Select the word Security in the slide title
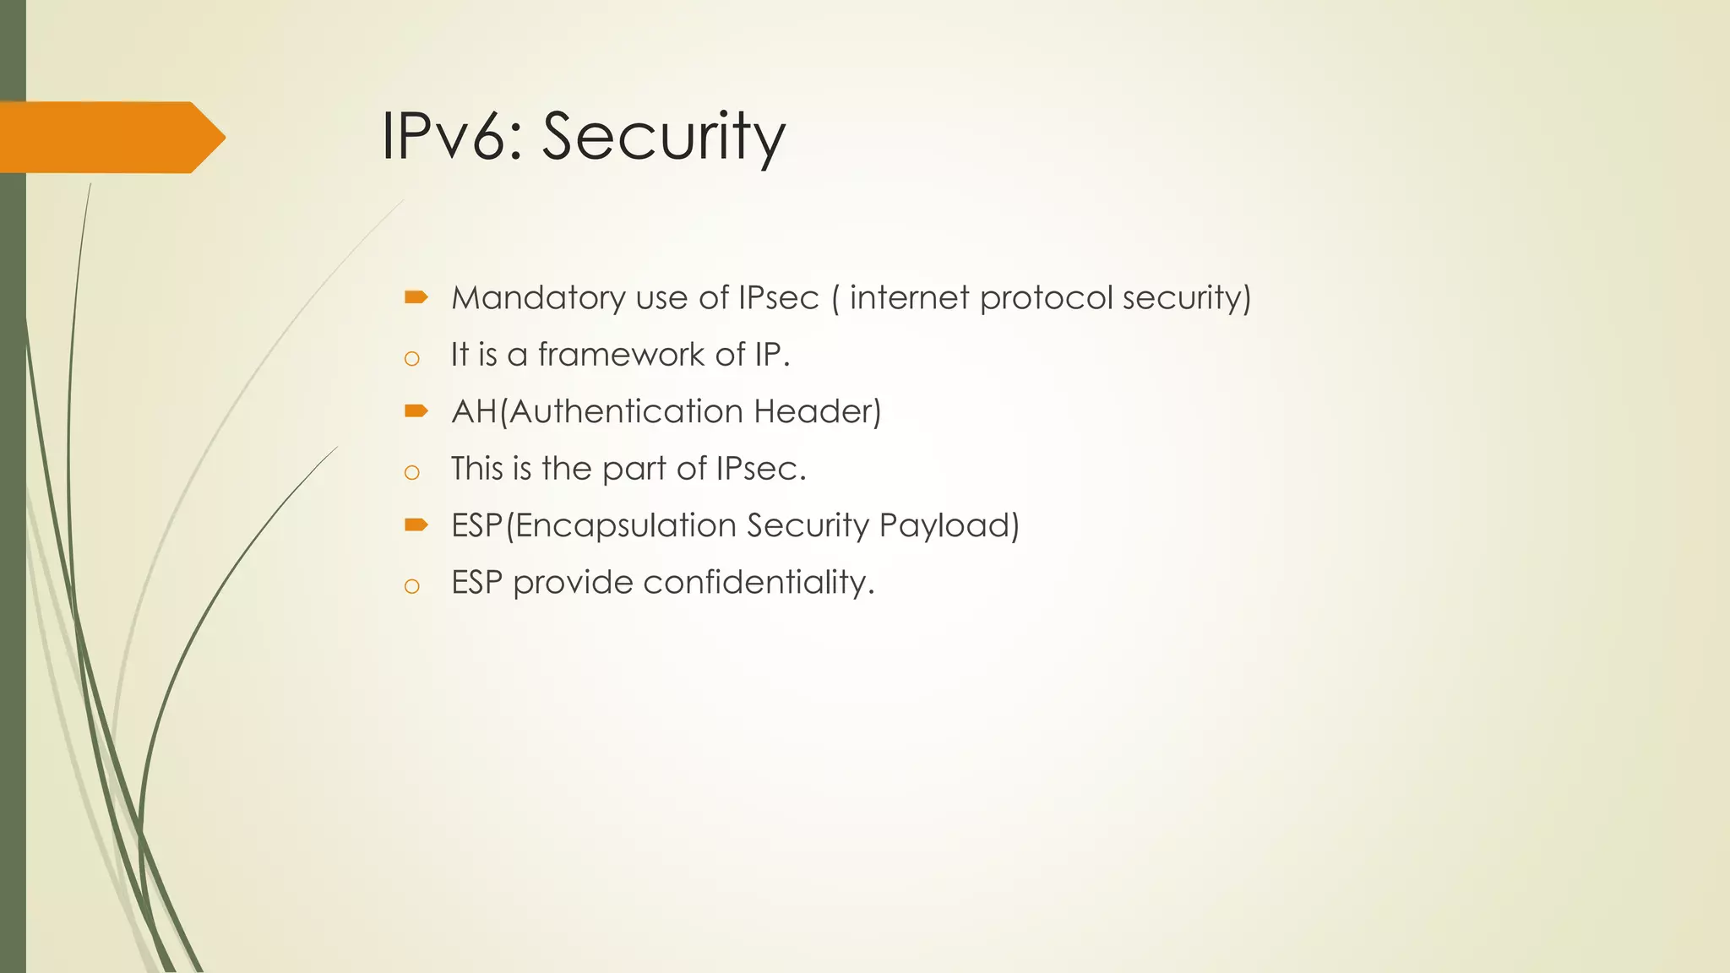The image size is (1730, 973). point(664,138)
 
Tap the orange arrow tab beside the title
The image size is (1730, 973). point(110,137)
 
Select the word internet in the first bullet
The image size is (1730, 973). point(910,298)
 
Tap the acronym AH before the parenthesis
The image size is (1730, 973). point(474,411)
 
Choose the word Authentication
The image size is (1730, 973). point(626,411)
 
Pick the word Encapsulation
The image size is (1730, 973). point(626,526)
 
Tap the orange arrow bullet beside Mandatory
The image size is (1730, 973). point(416,296)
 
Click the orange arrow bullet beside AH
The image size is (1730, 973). point(416,410)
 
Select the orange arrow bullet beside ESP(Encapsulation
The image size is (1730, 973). point(416,525)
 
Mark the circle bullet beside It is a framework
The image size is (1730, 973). point(412,359)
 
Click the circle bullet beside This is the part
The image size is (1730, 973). point(412,473)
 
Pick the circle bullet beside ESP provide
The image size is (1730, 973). point(412,587)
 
